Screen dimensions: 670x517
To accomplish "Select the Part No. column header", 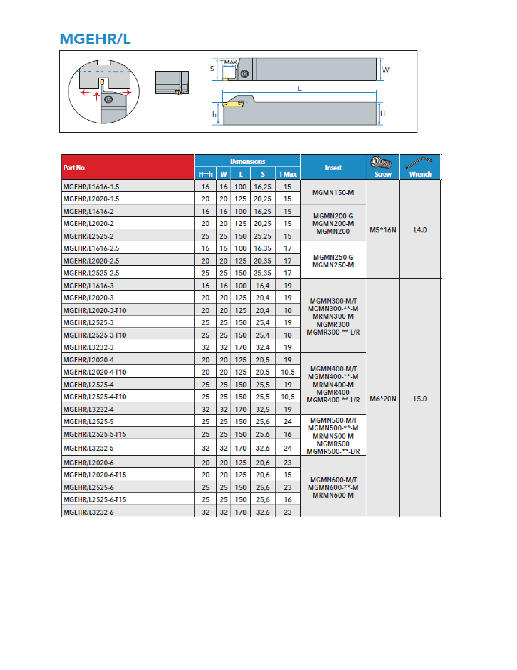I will point(75,168).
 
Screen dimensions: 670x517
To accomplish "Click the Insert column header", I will point(333,168).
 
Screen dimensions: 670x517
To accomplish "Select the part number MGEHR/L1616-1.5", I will point(91,187).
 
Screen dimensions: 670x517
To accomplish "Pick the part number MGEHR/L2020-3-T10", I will point(95,310).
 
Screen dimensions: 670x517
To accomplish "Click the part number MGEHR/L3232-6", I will point(89,512).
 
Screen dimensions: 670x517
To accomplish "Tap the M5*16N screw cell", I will point(383,230).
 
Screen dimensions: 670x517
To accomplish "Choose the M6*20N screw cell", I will point(383,399).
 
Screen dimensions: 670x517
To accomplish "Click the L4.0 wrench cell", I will point(420,230).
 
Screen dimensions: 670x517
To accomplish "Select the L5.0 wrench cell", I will point(420,399).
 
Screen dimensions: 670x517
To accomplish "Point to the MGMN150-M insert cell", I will point(333,192).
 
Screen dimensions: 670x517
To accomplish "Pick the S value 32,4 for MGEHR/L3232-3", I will point(263,347).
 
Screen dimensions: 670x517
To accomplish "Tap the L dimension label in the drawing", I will point(299,88).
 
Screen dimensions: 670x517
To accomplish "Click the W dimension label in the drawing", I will point(385,70).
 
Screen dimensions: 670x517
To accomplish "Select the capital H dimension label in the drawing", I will point(383,114).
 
